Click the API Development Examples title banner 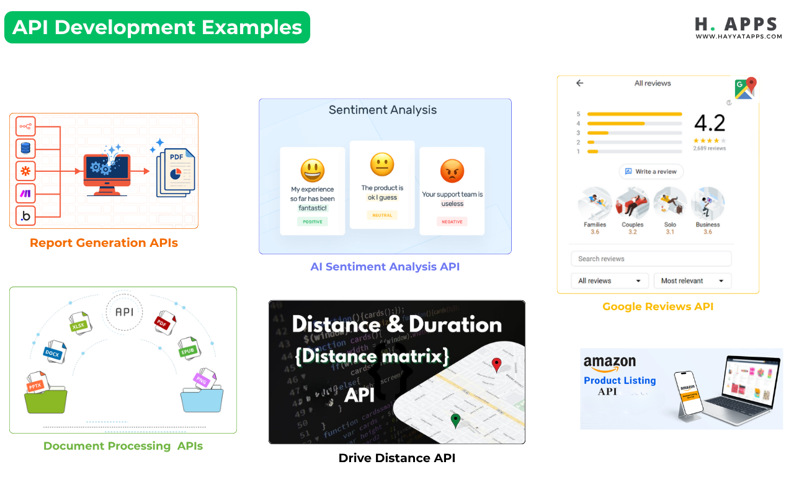(157, 27)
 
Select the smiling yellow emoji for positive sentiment (313, 171)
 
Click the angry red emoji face (452, 171)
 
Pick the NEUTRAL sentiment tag (382, 215)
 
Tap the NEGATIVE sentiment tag (452, 221)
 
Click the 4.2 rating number (710, 123)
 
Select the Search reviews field (651, 259)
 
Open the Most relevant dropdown (692, 281)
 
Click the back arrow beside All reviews (579, 83)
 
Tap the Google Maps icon (745, 88)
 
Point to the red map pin (496, 365)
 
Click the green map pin (456, 421)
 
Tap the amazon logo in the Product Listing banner (609, 362)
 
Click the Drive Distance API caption (397, 458)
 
